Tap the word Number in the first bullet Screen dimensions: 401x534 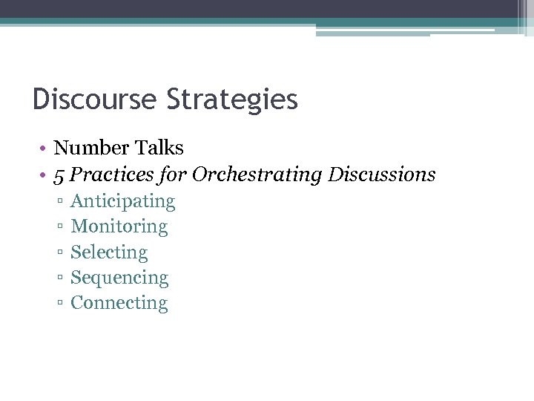point(92,149)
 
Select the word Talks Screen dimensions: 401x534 point(159,149)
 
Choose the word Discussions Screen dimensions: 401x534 point(382,175)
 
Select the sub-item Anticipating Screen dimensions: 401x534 point(122,202)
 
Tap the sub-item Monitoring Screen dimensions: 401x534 point(119,226)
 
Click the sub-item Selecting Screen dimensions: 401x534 point(109,252)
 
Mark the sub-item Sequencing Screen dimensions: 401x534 point(119,278)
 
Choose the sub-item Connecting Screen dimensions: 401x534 point(119,303)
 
